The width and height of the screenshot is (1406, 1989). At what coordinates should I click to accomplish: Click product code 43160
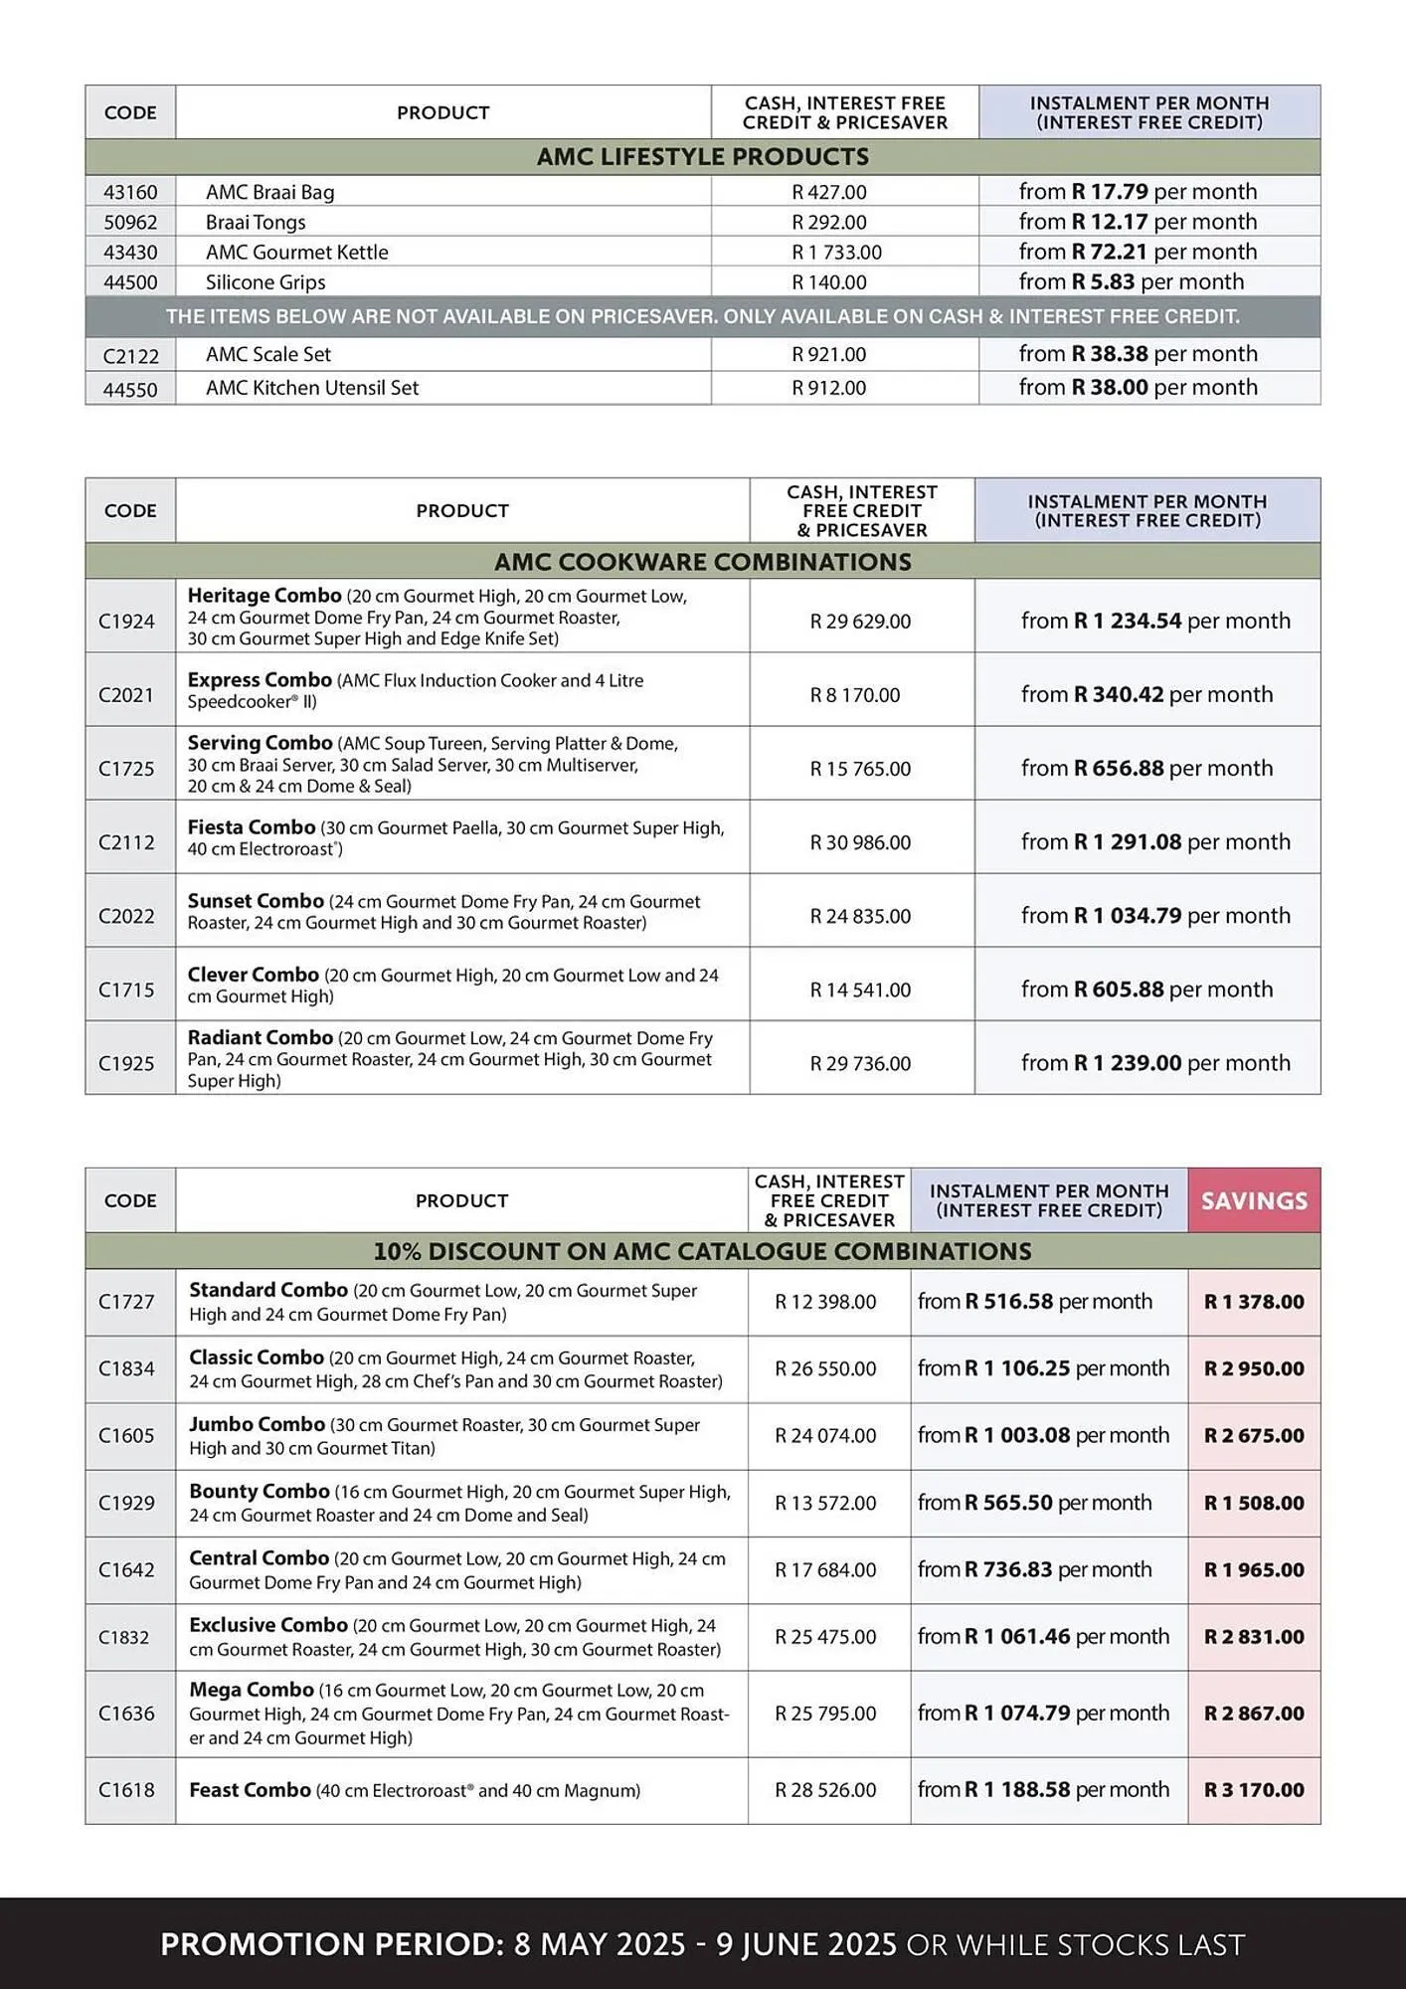[130, 192]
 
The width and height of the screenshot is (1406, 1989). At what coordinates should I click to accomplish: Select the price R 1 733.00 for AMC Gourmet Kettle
[836, 253]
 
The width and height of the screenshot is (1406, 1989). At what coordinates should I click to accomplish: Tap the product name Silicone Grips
[265, 282]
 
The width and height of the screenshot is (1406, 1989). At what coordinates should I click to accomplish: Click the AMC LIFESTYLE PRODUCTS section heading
[702, 157]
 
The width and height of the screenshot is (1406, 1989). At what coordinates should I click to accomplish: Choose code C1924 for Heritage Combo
[126, 622]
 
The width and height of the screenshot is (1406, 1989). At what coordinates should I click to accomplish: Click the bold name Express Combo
[260, 680]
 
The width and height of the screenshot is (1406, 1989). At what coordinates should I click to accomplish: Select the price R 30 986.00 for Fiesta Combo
[860, 843]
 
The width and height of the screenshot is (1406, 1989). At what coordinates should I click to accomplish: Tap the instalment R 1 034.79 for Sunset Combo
[1127, 916]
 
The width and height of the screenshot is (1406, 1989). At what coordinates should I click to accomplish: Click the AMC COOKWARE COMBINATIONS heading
[702, 562]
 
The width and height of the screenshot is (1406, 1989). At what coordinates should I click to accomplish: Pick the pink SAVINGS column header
[1254, 1201]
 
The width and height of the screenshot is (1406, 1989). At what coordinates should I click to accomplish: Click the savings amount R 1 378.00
[1254, 1302]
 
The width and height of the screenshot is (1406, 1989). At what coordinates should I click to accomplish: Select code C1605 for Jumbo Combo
[126, 1436]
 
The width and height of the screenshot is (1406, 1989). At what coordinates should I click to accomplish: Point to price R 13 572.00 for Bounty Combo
[825, 1504]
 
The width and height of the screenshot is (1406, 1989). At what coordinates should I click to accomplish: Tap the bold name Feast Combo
[250, 1790]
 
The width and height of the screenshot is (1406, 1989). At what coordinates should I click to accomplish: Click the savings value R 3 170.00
[1254, 1790]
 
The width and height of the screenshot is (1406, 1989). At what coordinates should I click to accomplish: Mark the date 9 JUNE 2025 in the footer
[806, 1944]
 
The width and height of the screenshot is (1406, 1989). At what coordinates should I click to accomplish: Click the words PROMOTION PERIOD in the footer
[332, 1944]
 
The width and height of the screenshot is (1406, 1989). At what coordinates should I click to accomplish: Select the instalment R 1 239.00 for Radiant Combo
[1127, 1063]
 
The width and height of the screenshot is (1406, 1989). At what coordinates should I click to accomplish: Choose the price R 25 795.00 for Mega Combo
[825, 1714]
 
